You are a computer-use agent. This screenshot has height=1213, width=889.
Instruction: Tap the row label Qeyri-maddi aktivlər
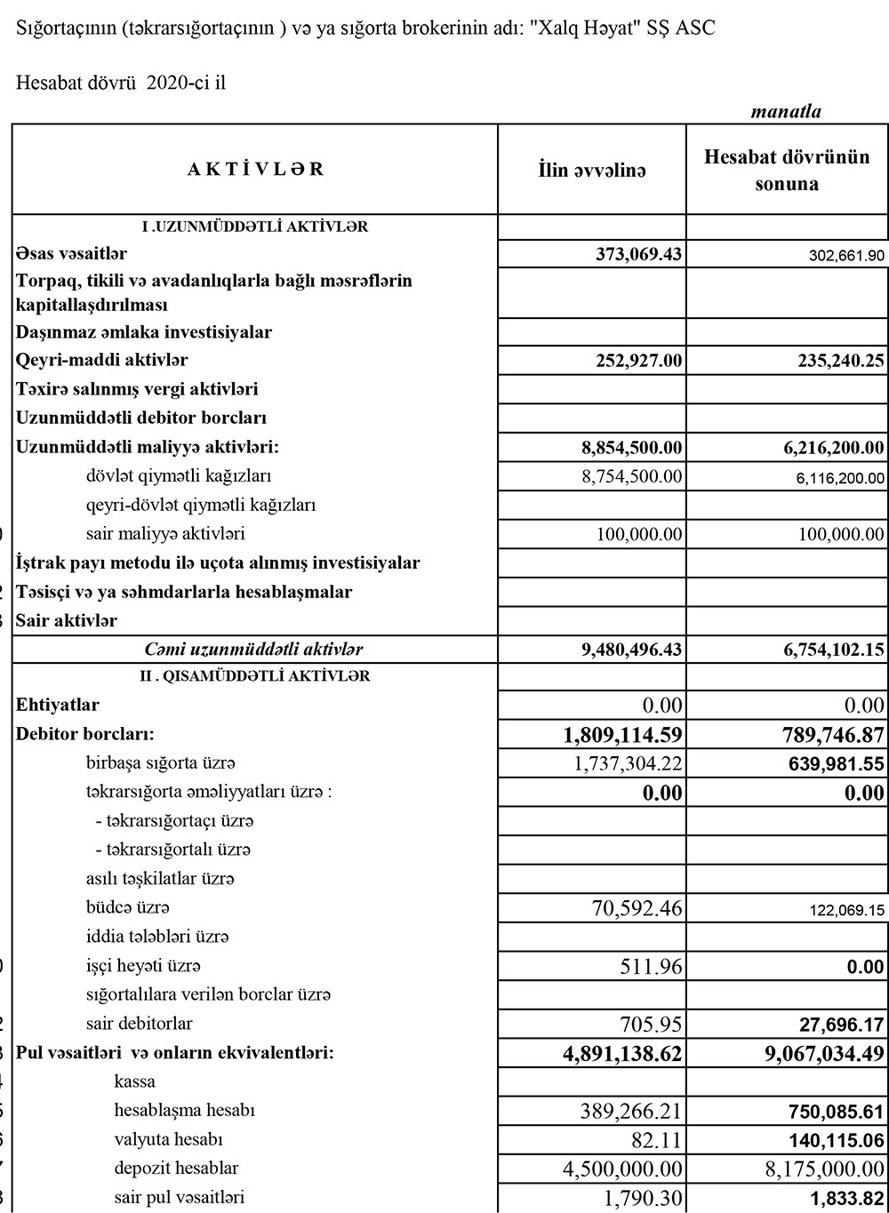coord(102,360)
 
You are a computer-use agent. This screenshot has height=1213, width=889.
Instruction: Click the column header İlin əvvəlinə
coord(592,170)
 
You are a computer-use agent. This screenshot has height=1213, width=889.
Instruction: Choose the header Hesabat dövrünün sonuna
coord(787,171)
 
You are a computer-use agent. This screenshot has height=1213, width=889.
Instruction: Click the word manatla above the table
coord(786,112)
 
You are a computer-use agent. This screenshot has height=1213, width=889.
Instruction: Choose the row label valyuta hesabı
coord(168,1138)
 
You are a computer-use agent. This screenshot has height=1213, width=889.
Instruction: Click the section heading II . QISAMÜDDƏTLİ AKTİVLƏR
coord(254,676)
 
